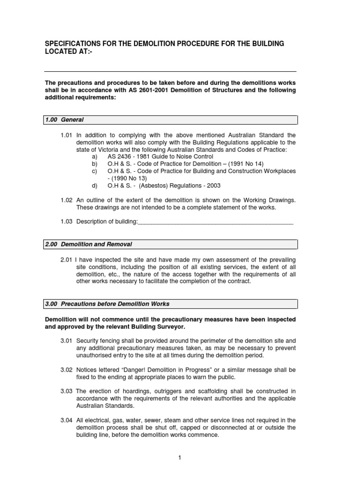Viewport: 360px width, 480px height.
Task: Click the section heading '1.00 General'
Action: coord(64,120)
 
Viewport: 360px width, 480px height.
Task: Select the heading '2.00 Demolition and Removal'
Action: coord(89,244)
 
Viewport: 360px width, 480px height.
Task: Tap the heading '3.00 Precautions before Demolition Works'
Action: coord(107,304)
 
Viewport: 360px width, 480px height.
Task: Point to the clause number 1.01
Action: coord(67,135)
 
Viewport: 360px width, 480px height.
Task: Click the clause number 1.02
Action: coord(67,200)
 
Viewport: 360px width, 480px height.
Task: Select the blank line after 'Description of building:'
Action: coord(216,222)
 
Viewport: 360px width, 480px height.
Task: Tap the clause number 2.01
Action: coord(67,260)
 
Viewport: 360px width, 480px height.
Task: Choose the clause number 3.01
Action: coord(67,340)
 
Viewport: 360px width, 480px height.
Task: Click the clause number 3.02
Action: coord(67,370)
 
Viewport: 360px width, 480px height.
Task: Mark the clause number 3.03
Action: coord(67,391)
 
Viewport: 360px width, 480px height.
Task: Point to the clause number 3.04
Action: coord(67,420)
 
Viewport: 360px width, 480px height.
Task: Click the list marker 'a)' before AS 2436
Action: coord(95,157)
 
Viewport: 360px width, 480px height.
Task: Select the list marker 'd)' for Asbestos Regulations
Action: coord(95,186)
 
